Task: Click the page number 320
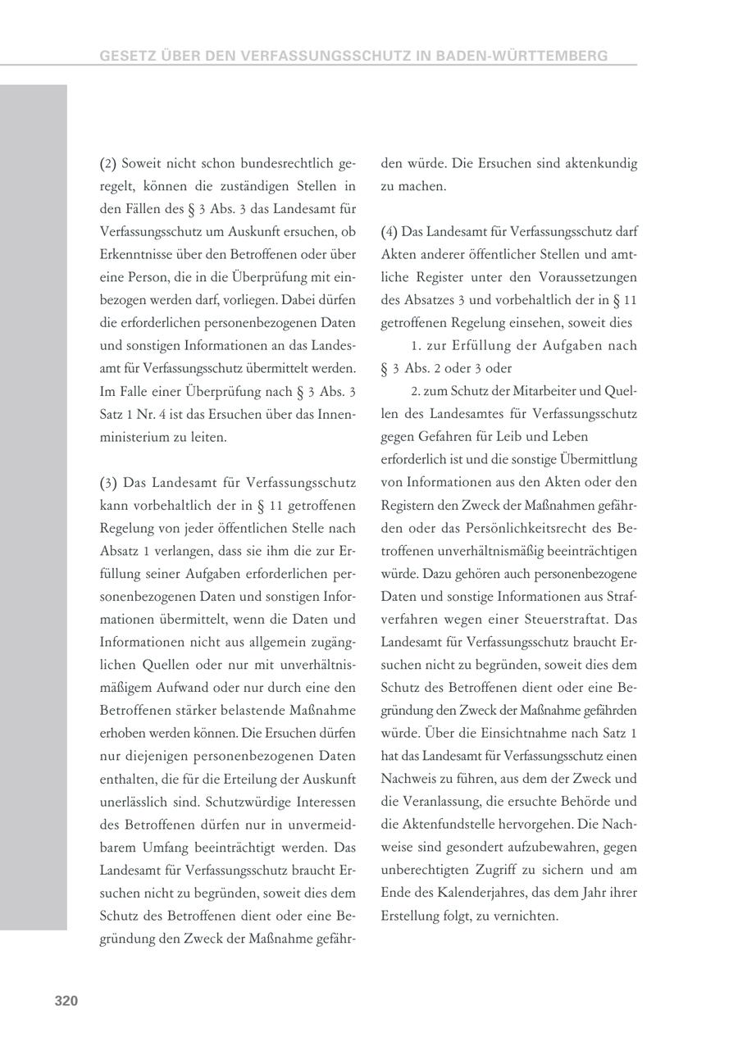66,1000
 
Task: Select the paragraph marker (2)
108,163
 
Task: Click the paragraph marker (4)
389,232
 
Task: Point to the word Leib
509,437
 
